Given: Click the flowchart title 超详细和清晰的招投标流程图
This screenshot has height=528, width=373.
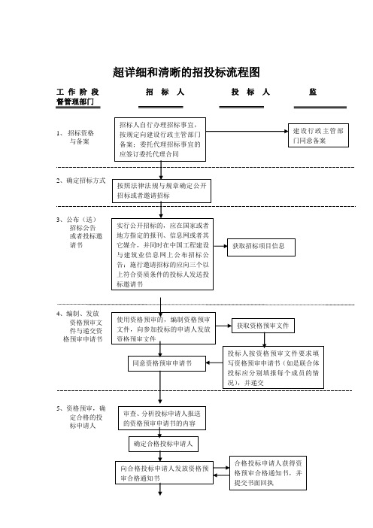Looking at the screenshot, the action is pyautogui.click(x=186, y=72).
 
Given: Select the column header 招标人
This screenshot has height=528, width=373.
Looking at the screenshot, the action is pyautogui.click(x=165, y=92).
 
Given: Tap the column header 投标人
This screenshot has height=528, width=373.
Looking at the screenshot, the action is pyautogui.click(x=250, y=92).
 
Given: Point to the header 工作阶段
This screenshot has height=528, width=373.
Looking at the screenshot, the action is pyautogui.click(x=77, y=92).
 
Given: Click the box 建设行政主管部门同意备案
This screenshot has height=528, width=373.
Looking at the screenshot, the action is pyautogui.click(x=318, y=135).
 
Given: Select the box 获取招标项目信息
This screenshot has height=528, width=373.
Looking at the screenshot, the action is pyautogui.click(x=261, y=247).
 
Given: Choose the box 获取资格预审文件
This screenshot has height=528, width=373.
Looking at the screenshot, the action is pyautogui.click(x=263, y=326).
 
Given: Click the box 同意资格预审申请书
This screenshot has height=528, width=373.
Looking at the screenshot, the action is pyautogui.click(x=167, y=364).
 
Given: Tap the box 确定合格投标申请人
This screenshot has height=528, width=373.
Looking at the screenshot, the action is pyautogui.click(x=163, y=445).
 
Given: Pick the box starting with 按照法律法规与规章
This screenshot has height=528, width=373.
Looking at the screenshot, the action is pyautogui.click(x=162, y=191).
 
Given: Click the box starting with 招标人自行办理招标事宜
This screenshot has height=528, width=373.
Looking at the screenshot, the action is pyautogui.click(x=160, y=139).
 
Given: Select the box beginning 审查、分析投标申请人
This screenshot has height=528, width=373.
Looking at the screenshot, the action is pyautogui.click(x=162, y=418).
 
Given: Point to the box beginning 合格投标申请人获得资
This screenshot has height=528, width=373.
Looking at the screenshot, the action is pyautogui.click(x=268, y=473).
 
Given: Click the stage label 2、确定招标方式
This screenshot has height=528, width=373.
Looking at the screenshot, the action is pyautogui.click(x=80, y=181).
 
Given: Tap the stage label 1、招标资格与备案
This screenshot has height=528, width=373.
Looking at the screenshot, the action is pyautogui.click(x=75, y=137).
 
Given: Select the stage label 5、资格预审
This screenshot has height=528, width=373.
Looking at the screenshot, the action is pyautogui.click(x=80, y=417).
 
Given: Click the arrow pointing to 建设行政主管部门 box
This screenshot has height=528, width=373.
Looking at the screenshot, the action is pyautogui.click(x=247, y=132).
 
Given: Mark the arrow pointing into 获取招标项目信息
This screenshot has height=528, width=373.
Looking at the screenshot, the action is pyautogui.click(x=220, y=246).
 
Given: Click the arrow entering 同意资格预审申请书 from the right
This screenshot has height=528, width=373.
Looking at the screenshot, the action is pyautogui.click(x=214, y=363).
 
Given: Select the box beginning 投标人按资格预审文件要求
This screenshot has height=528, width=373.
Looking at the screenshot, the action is pyautogui.click(x=273, y=367).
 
